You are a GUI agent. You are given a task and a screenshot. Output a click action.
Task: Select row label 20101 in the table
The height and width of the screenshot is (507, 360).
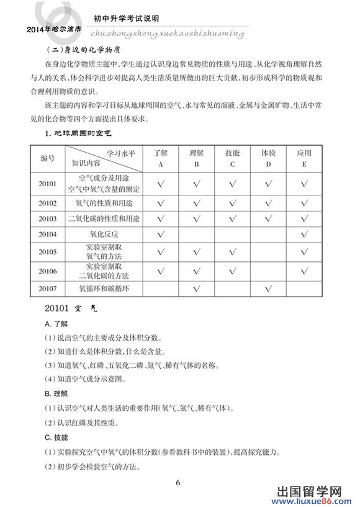[47, 184]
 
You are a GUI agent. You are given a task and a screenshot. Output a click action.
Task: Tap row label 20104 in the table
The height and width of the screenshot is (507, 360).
[47, 235]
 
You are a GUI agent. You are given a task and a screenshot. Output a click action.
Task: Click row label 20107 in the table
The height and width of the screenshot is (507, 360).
[47, 289]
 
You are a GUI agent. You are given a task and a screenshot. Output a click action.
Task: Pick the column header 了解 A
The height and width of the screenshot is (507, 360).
[161, 158]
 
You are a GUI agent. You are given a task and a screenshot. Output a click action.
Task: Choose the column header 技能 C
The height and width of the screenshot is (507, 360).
[232, 158]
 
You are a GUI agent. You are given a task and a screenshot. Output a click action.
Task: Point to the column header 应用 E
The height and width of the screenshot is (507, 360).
[304, 158]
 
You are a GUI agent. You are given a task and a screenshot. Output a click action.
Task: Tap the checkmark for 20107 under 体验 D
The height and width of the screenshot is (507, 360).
[268, 289]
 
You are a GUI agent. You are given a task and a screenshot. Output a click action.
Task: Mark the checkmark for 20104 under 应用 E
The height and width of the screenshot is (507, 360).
[304, 235]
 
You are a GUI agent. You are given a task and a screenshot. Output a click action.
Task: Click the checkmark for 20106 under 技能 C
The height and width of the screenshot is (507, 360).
[232, 271]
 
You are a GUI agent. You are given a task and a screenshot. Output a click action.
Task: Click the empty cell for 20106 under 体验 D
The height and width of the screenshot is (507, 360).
[268, 271]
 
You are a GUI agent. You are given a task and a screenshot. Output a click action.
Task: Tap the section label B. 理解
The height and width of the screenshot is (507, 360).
[57, 393]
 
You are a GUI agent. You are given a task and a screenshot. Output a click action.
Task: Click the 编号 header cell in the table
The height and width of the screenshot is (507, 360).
[48, 158]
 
